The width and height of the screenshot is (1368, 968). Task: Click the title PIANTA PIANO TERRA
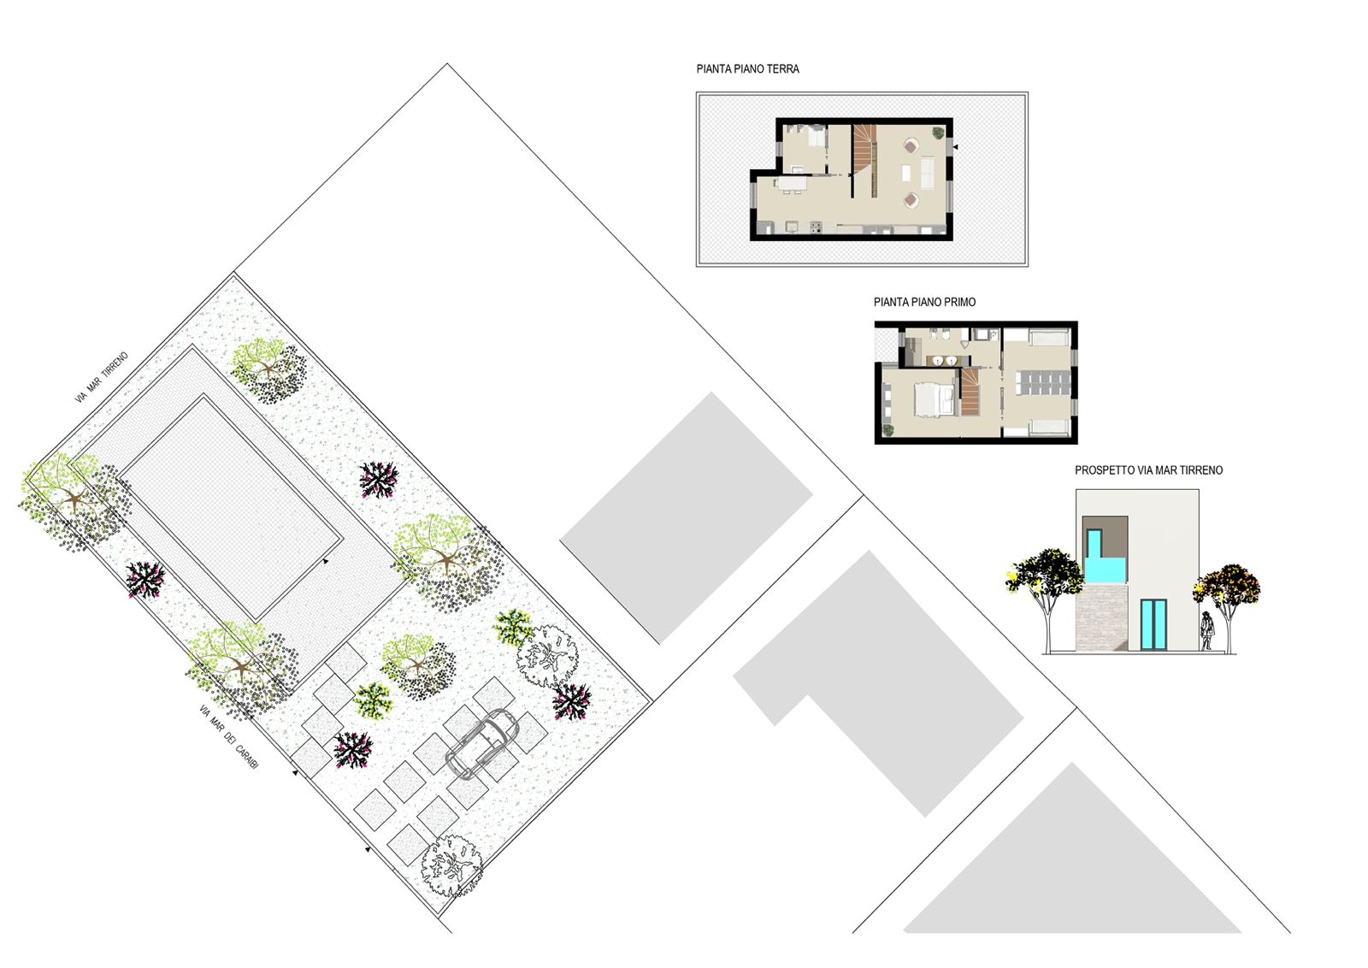747,69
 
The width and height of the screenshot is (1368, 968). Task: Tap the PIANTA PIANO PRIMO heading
924,302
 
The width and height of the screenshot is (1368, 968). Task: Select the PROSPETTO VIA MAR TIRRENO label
1149,470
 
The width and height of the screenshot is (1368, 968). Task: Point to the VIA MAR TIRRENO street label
102,377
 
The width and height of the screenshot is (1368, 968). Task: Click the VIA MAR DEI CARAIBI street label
229,736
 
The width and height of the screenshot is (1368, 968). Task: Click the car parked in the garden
482,742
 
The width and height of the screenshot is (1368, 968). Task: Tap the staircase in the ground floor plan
864,160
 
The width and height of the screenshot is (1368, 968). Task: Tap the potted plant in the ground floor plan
937,132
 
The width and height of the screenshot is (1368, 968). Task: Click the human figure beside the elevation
1206,631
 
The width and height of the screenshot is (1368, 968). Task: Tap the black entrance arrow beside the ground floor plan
956,147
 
